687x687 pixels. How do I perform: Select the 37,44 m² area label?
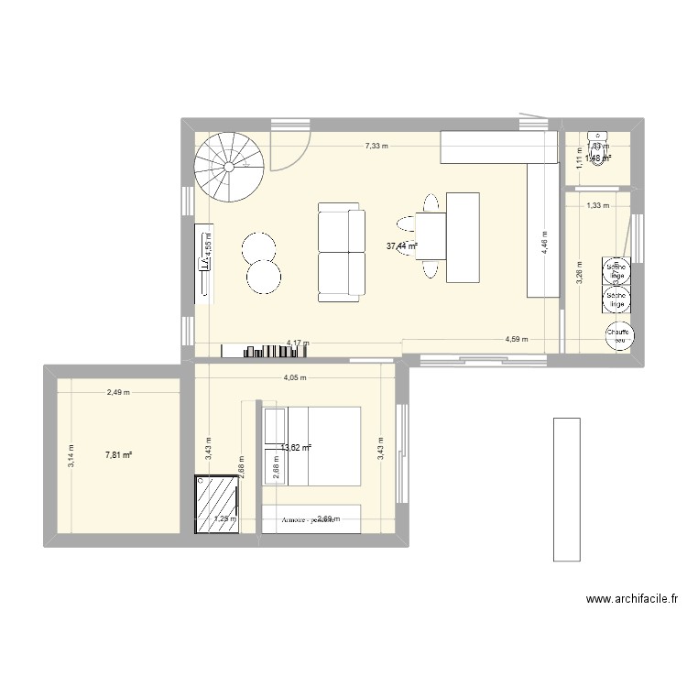click(401, 245)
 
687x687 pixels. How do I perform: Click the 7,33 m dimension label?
click(375, 146)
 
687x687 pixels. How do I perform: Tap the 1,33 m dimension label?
click(597, 206)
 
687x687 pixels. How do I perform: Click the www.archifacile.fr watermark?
click(630, 601)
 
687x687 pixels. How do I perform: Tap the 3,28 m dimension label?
click(578, 275)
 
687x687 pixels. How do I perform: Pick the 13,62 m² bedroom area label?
click(296, 447)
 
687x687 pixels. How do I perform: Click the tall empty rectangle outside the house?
click(566, 488)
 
